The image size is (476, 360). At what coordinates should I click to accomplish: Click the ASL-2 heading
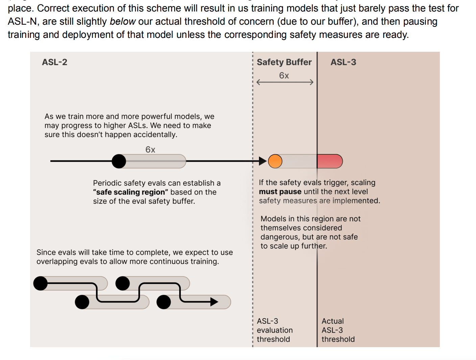54,62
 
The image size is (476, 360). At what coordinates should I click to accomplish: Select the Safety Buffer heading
284,62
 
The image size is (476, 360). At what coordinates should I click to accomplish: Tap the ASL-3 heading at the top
343,62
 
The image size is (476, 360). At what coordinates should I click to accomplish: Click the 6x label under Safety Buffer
284,76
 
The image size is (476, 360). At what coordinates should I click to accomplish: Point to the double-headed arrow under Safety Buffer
285,82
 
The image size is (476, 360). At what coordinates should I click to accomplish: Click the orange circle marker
275,161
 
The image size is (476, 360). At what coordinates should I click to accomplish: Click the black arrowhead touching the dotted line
263,161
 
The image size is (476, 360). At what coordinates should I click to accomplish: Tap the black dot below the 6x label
119,161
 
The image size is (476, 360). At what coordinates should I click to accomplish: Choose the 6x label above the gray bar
150,150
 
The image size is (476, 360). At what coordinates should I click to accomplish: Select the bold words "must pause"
280,192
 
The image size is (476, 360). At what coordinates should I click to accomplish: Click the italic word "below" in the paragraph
123,22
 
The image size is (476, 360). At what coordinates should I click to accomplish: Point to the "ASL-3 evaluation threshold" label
275,330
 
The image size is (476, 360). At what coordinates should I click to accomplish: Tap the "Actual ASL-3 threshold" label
338,330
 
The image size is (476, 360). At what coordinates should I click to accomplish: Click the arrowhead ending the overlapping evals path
214,302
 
